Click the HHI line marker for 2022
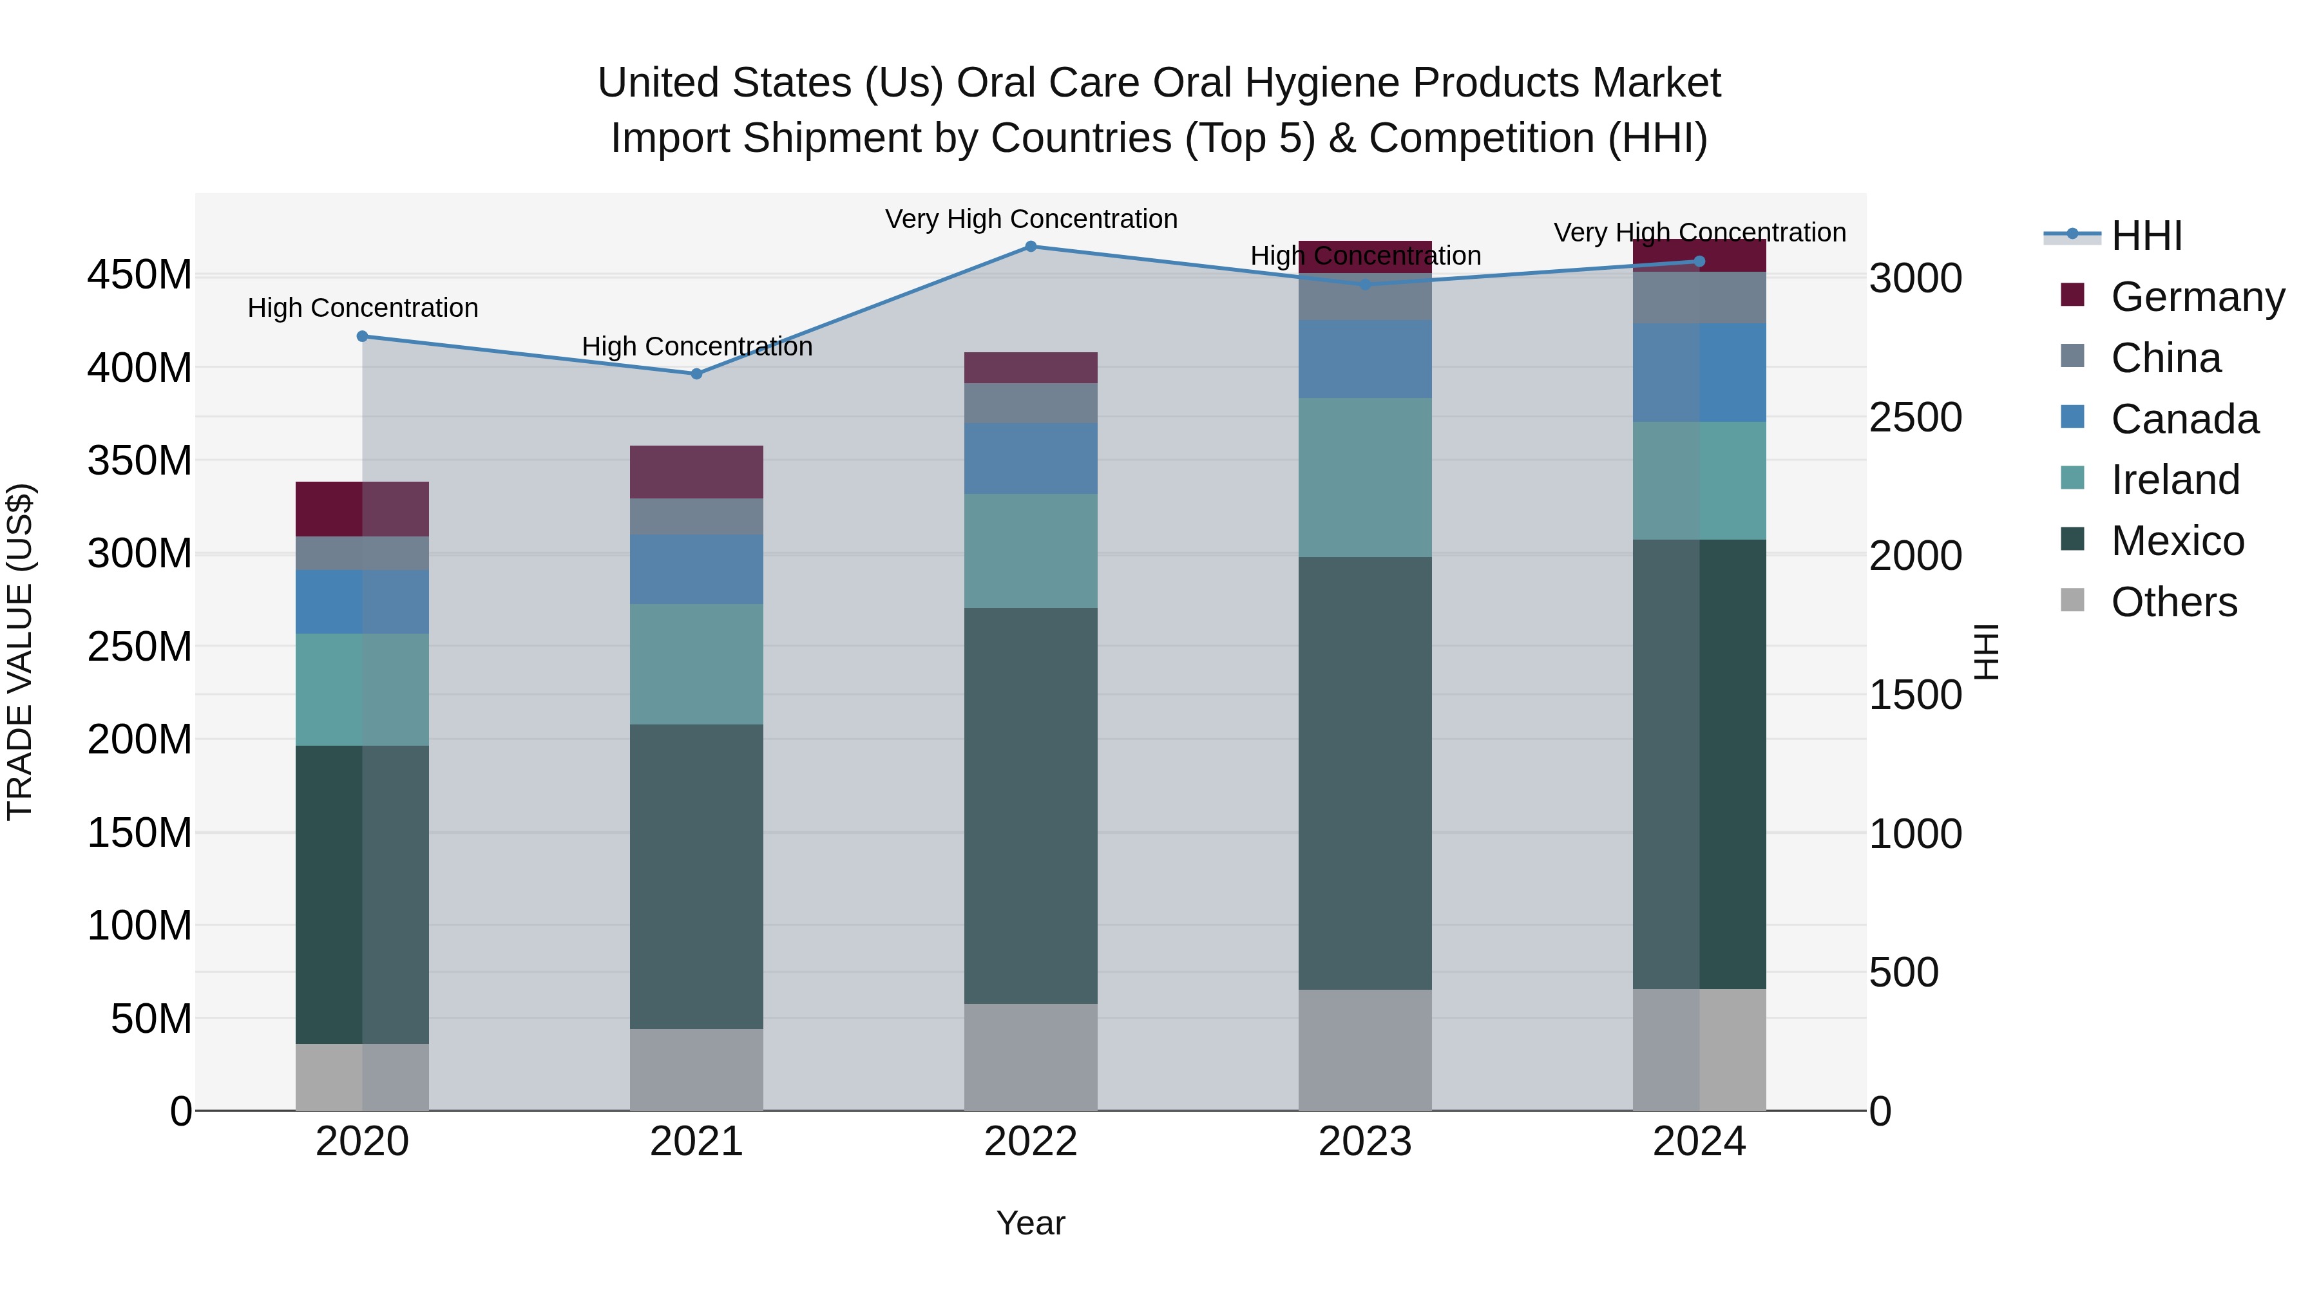(1031, 247)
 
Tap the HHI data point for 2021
(696, 373)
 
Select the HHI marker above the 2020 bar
(362, 337)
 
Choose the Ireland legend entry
(2174, 480)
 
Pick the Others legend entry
(2172, 602)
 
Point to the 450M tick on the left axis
(140, 274)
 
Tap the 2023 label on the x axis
(1365, 1142)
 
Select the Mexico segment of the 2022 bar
(1031, 806)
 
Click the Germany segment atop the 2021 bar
(696, 471)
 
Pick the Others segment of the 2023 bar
(1365, 1050)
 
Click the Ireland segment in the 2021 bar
(696, 664)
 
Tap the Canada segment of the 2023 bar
(1365, 359)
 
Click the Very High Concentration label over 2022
(1031, 219)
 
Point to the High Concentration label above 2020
(362, 308)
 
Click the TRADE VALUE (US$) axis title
(20, 652)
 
